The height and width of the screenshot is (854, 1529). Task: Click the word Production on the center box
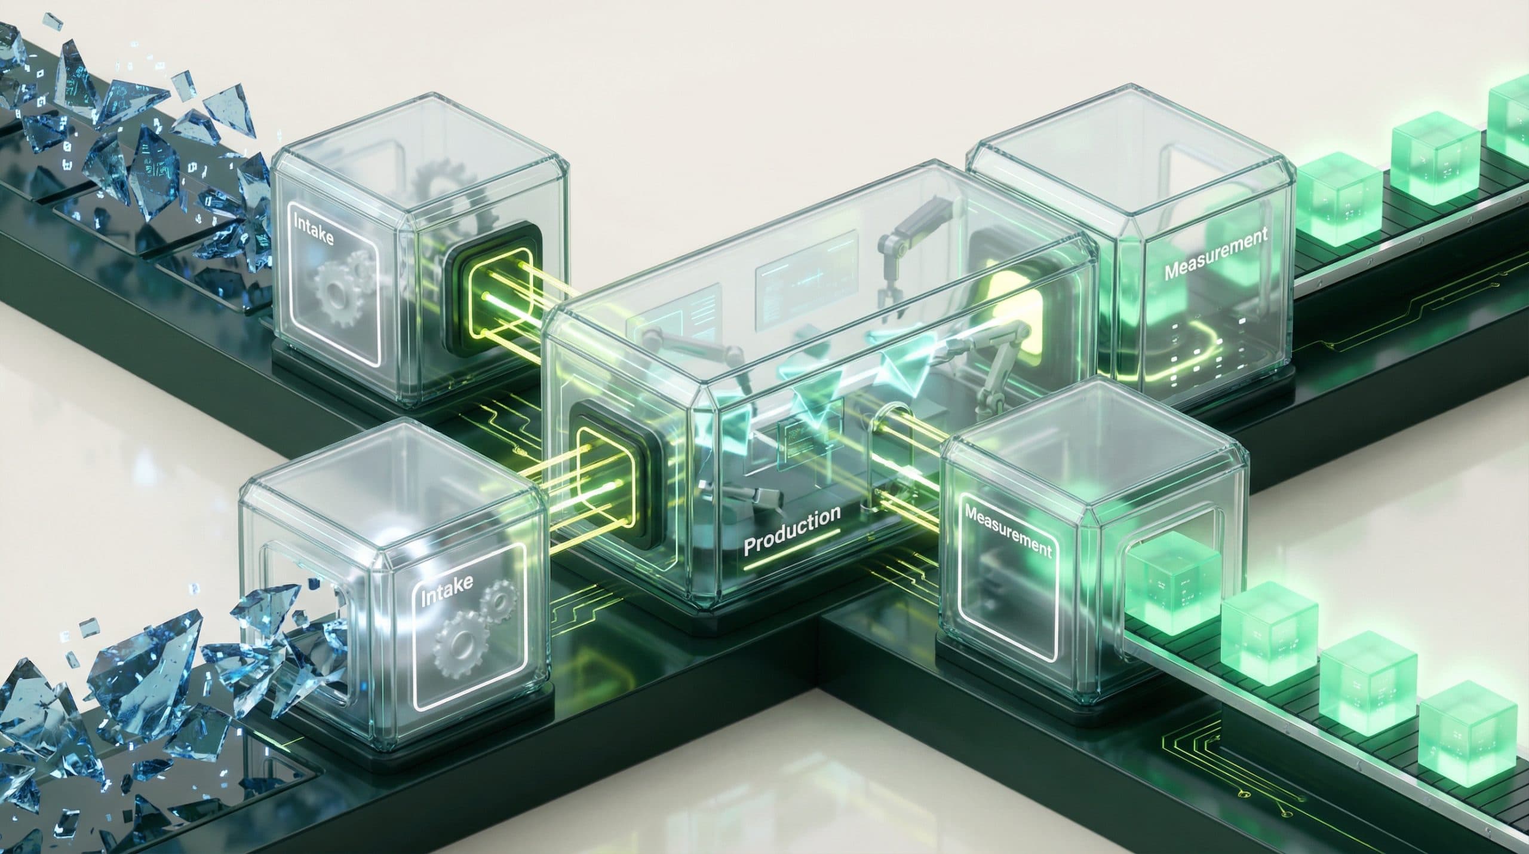tap(792, 528)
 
